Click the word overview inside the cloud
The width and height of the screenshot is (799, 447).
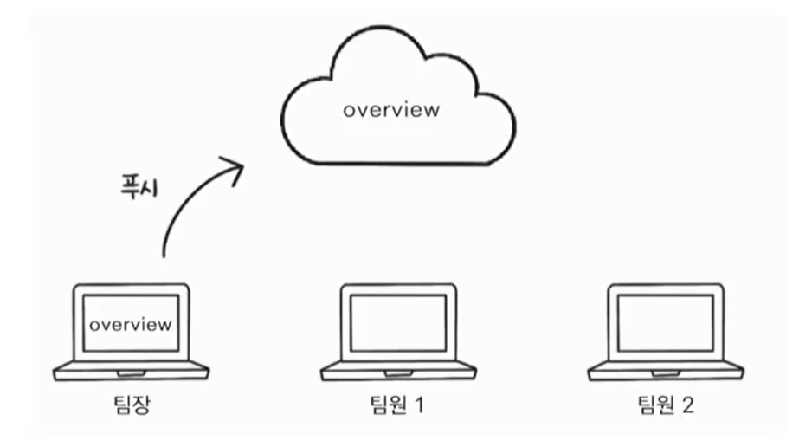391,111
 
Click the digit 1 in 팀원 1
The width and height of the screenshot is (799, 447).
420,405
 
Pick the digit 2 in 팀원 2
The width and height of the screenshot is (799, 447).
687,405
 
